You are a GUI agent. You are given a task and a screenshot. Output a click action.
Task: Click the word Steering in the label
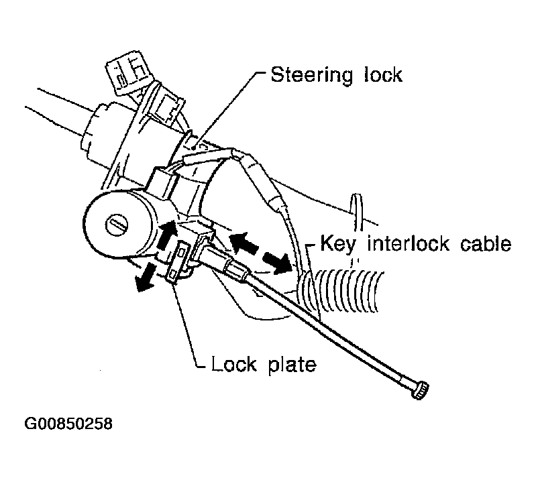[x=311, y=75]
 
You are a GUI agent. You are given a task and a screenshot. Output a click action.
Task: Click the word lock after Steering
[x=383, y=74]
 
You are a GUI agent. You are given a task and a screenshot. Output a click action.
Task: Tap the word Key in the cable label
[x=338, y=243]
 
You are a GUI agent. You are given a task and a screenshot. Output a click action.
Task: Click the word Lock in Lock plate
[x=234, y=364]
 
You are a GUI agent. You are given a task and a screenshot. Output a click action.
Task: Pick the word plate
[x=292, y=365]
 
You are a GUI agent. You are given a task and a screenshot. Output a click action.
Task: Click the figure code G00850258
[x=68, y=424]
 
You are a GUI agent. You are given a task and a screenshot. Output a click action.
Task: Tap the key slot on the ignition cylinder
[x=117, y=226]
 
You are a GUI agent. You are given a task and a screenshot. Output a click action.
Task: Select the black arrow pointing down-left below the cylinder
[x=145, y=278]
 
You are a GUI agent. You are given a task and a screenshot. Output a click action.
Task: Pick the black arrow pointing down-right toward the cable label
[x=277, y=262]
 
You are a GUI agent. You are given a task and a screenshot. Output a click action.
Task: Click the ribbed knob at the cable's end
[x=420, y=389]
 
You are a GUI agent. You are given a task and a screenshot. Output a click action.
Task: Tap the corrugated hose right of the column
[x=342, y=290]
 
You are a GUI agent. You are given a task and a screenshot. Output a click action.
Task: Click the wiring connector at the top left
[x=127, y=72]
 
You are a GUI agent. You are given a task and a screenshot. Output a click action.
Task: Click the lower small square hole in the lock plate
[x=174, y=274]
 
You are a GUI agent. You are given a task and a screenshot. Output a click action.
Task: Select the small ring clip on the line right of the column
[x=357, y=213]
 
